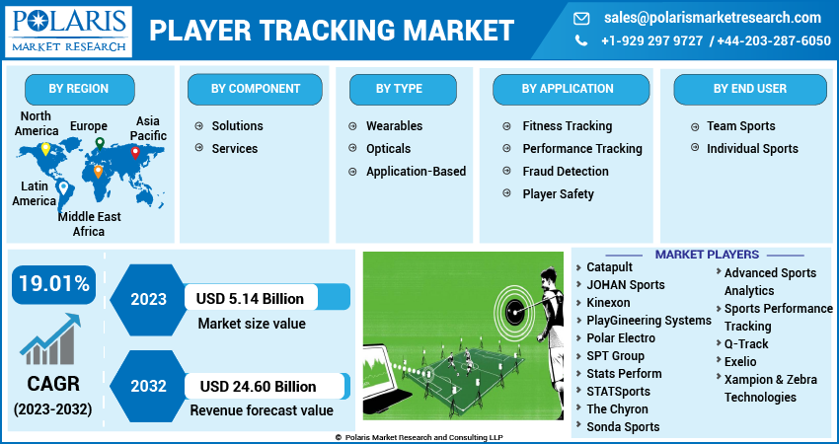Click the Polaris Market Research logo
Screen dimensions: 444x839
click(68, 31)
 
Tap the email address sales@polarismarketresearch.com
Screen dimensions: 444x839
click(711, 18)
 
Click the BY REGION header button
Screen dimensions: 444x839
click(79, 89)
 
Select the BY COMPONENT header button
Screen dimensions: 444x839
click(256, 89)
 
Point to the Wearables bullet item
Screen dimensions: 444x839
click(394, 126)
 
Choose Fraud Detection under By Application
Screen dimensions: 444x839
click(565, 172)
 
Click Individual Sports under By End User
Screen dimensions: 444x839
click(751, 149)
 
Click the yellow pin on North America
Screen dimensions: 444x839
click(44, 150)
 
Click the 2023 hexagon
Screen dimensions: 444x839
click(147, 297)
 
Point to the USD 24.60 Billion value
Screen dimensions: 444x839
click(257, 386)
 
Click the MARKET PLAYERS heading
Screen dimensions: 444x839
click(707, 255)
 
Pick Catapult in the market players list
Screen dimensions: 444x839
click(609, 267)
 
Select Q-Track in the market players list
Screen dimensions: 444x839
click(746, 344)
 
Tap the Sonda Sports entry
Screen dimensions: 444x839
click(623, 427)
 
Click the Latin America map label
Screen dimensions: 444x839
click(34, 193)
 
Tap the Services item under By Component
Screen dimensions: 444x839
click(234, 149)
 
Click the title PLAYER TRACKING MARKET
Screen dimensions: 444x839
click(332, 31)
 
